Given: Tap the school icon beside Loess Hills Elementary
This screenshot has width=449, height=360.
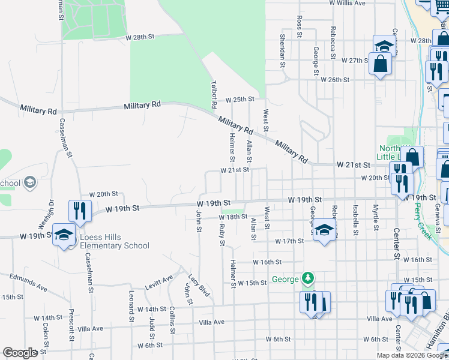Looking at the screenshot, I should pyautogui.click(x=64, y=235).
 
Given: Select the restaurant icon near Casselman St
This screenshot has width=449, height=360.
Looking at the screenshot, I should pyautogui.click(x=79, y=210).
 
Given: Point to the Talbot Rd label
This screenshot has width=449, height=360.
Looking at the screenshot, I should pyautogui.click(x=213, y=94).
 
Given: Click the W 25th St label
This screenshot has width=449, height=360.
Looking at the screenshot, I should pyautogui.click(x=240, y=99).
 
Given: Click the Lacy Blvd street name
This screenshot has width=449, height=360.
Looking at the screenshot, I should pyautogui.click(x=198, y=286).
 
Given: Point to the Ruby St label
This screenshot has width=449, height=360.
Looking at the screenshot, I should pyautogui.click(x=222, y=235).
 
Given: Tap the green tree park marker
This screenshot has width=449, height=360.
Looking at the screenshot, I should pyautogui.click(x=308, y=278).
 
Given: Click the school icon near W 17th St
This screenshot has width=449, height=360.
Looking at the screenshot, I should pyautogui.click(x=324, y=230).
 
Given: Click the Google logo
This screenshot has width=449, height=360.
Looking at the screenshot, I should pyautogui.click(x=20, y=353).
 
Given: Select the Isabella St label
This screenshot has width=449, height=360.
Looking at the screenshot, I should pyautogui.click(x=355, y=216).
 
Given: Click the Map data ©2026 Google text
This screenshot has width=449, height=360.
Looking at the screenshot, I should pyautogui.click(x=411, y=355).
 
